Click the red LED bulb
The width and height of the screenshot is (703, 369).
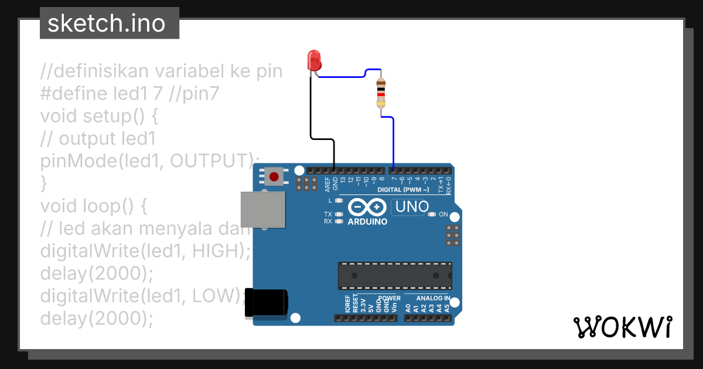315,60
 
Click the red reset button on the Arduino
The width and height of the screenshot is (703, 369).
274,176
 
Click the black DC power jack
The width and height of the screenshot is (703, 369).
267,302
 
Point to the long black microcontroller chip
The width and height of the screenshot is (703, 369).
394,276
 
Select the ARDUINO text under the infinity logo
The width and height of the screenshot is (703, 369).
367,222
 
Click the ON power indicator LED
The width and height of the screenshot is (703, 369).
432,214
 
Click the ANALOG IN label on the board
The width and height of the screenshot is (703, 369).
433,298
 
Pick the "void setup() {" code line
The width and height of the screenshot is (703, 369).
99,116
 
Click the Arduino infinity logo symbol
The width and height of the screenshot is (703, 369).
367,207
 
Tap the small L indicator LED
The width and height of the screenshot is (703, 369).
339,201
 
